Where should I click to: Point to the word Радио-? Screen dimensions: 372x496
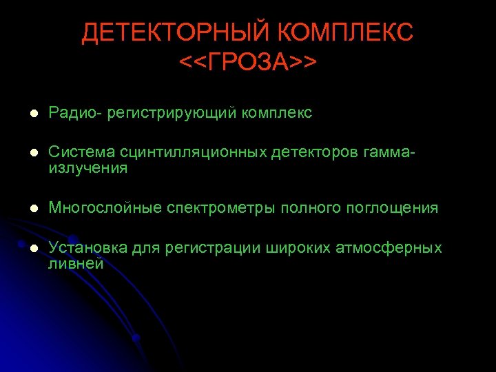[x=74, y=112]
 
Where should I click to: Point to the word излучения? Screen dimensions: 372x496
[x=88, y=168]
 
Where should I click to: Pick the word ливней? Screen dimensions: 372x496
[x=76, y=263]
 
